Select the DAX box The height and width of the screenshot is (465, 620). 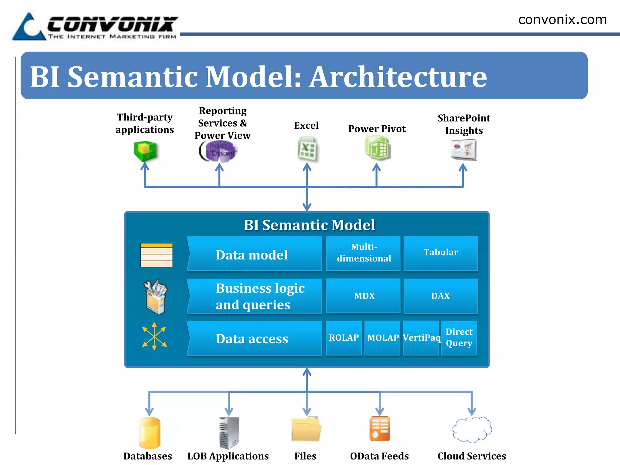coord(440,296)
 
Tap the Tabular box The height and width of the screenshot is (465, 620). coord(440,253)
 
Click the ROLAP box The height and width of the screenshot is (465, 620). coord(344,338)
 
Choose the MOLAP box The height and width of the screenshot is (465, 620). coord(382,338)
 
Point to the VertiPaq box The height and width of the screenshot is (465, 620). coord(421,338)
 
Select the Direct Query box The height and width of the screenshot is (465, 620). coord(459,338)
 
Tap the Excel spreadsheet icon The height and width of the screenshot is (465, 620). coord(307,149)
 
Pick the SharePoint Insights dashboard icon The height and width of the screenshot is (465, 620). coord(463,150)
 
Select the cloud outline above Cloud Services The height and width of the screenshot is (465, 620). coord(472,430)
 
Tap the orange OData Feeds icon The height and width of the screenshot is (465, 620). coord(380,429)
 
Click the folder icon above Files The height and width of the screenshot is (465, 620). coord(306,430)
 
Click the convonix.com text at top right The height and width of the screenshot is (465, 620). coord(562,20)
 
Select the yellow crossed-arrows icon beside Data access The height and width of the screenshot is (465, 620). coord(154,336)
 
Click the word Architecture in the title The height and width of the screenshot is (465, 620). coord(398,77)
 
